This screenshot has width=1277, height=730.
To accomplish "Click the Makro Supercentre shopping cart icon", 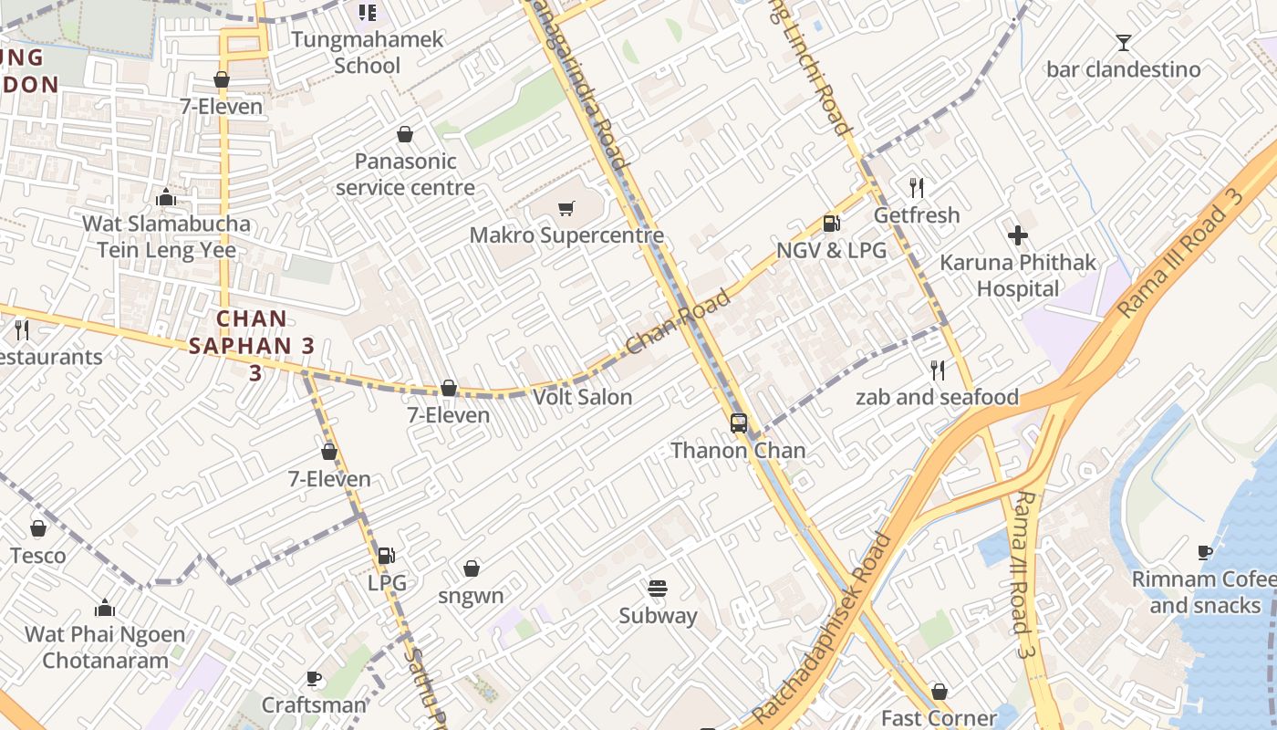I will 566,209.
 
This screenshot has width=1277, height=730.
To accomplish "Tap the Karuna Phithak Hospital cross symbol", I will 1018,235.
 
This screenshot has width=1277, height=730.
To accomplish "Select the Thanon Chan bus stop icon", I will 739,423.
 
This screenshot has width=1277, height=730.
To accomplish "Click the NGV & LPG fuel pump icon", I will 831,224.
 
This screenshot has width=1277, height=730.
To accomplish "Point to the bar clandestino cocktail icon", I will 1123,42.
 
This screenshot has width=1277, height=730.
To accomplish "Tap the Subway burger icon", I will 658,589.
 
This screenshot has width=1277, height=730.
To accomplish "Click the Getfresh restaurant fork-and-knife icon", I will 917,188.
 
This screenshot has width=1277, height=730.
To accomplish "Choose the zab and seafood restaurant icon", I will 937,370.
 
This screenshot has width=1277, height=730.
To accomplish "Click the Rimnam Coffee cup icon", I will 1205,552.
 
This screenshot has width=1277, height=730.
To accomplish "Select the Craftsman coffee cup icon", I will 314,678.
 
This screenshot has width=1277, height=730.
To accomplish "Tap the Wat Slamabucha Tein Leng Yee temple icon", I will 166,197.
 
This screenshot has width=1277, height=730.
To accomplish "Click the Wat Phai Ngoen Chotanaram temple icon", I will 105,608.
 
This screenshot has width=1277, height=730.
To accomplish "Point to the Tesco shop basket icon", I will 38,528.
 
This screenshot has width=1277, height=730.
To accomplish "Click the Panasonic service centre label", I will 405,174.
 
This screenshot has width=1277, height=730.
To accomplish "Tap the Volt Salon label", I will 582,397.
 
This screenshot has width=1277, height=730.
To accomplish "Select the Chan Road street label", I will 679,322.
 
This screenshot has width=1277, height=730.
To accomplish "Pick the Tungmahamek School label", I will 368,52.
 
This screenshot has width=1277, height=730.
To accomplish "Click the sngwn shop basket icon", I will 472,569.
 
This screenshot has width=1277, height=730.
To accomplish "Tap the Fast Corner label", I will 939,718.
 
